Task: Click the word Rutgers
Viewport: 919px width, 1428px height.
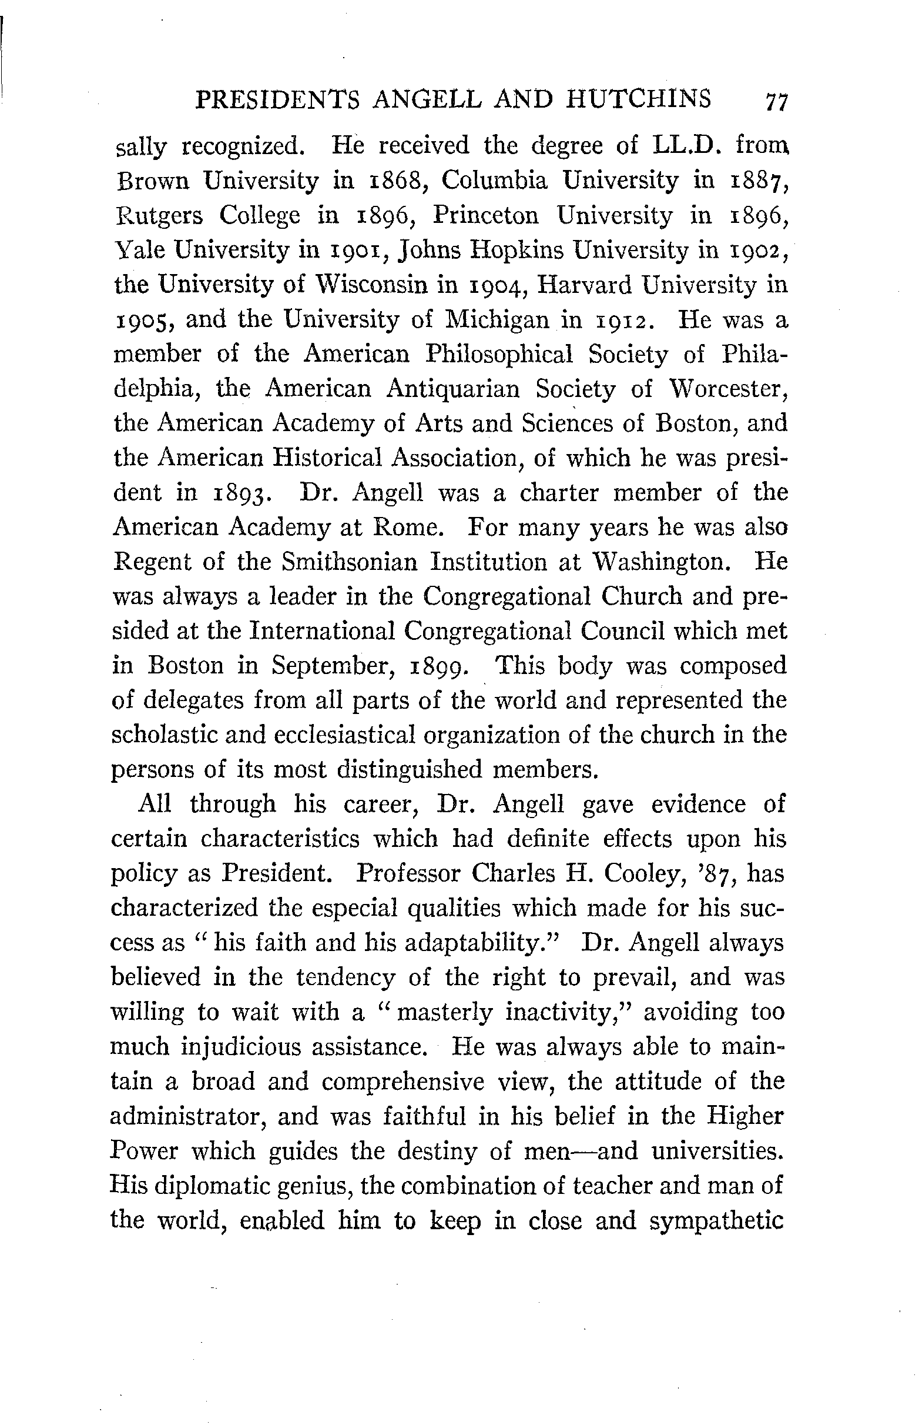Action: pyautogui.click(x=157, y=216)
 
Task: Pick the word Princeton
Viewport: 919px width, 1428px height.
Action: pyautogui.click(x=486, y=216)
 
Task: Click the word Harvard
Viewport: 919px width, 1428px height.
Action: pyautogui.click(x=582, y=285)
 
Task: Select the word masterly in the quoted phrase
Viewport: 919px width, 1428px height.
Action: pyautogui.click(x=446, y=1013)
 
